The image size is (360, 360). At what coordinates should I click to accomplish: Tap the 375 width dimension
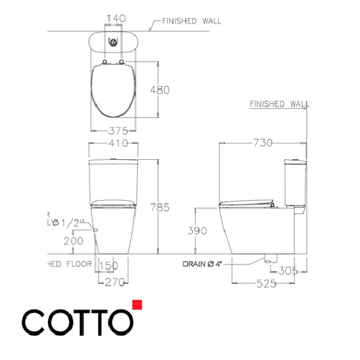[x=113, y=131]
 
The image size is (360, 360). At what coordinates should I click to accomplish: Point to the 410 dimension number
[x=114, y=143]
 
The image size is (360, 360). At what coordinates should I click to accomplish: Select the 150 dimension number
[x=108, y=265]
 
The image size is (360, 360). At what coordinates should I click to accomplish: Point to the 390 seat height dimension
[x=196, y=231]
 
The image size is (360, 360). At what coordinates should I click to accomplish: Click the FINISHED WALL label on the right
[x=279, y=104]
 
